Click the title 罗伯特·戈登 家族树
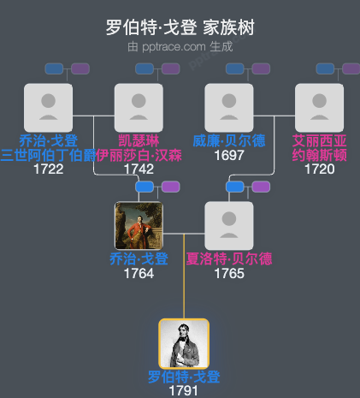pyautogui.click(x=180, y=27)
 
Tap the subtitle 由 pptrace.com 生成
pyautogui.click(x=180, y=46)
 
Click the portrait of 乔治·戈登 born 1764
pyautogui.click(x=139, y=226)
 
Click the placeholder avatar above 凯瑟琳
pyautogui.click(x=139, y=108)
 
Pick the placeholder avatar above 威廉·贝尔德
pyautogui.click(x=229, y=108)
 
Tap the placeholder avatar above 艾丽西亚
pyautogui.click(x=319, y=108)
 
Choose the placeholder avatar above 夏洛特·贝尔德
pyautogui.click(x=229, y=226)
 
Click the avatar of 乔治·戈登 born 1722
pyautogui.click(x=49, y=108)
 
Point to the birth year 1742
pyautogui.click(x=139, y=169)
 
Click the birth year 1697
pyautogui.click(x=229, y=156)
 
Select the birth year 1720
pyautogui.click(x=319, y=169)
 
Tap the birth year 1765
pyautogui.click(x=229, y=274)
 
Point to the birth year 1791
pyautogui.click(x=184, y=390)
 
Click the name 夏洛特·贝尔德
pyautogui.click(x=229, y=259)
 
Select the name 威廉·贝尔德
pyautogui.click(x=229, y=141)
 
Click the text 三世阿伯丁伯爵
pyautogui.click(x=49, y=155)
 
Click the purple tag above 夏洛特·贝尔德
pyautogui.click(x=261, y=187)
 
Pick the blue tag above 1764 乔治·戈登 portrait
pyautogui.click(x=145, y=187)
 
